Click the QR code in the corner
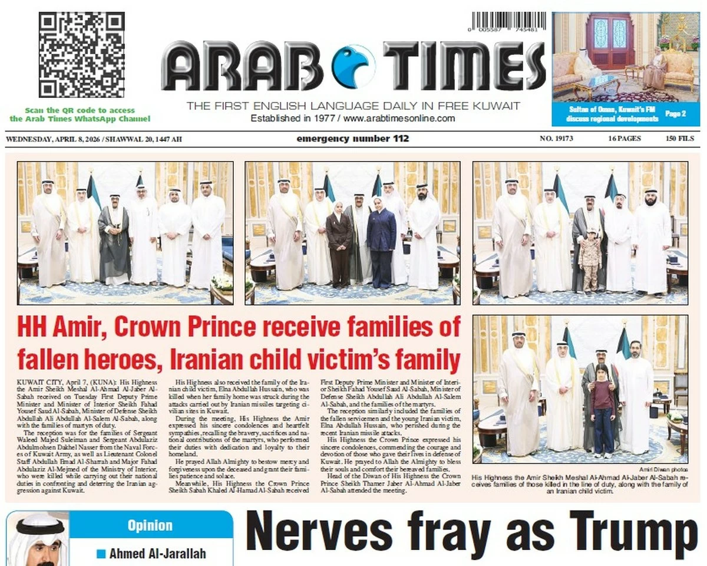point(81,55)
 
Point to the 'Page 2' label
point(675,113)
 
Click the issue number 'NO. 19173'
point(556,139)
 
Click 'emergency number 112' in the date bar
point(352,139)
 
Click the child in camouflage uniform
point(589,260)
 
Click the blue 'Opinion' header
point(150,525)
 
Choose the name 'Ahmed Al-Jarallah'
point(156,554)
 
